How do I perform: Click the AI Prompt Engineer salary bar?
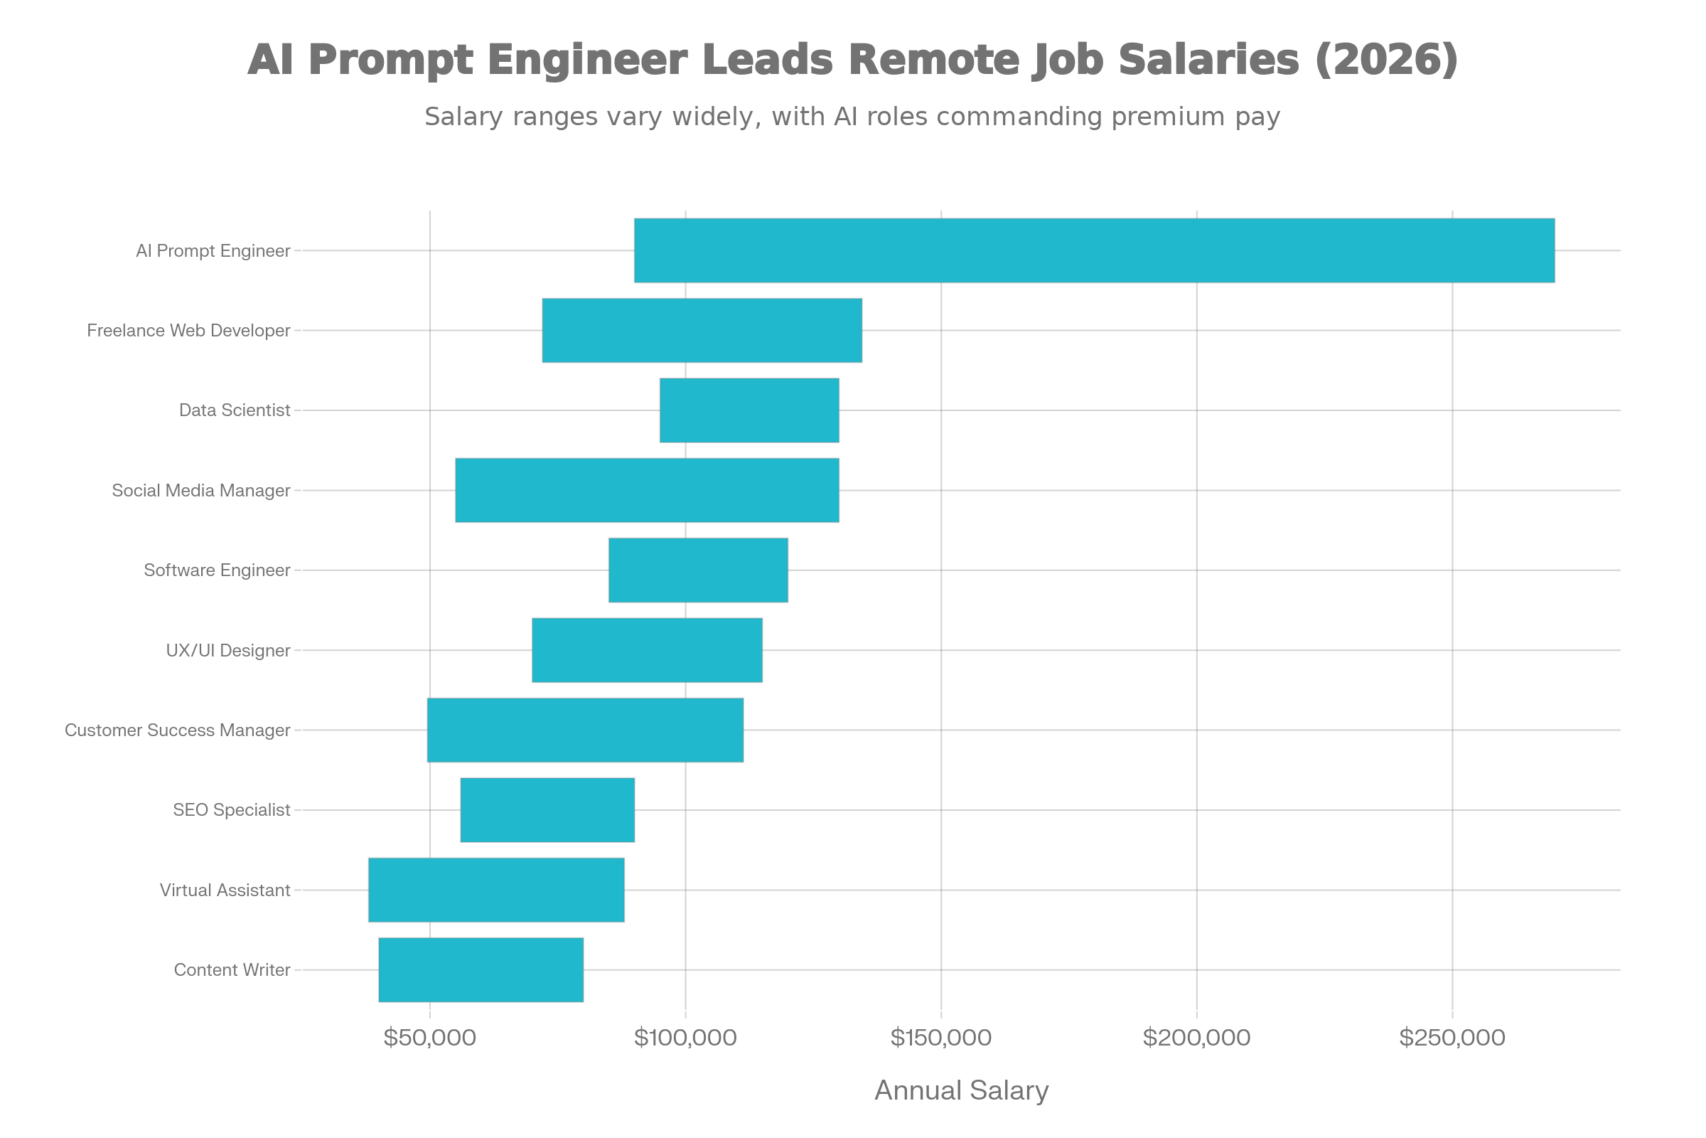coord(1094,250)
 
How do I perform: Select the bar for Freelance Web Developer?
coord(702,330)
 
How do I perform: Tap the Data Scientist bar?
coord(749,410)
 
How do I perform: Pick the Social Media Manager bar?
coord(647,490)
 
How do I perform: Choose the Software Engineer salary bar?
coord(698,570)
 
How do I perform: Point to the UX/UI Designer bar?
coord(647,650)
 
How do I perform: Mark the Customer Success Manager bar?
coord(585,730)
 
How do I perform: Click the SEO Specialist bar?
coord(547,810)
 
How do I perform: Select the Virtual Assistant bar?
coord(496,890)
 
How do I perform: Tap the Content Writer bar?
coord(481,969)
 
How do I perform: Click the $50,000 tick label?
coord(429,1038)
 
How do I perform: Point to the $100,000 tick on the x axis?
coord(685,1038)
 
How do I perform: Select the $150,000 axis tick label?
coord(940,1038)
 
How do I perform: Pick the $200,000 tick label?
coord(1196,1038)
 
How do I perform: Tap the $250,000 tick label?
coord(1452,1038)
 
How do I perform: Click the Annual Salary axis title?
coord(961,1090)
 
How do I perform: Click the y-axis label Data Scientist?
coord(235,410)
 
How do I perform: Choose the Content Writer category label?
coord(232,969)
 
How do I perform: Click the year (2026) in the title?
coord(1386,60)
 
